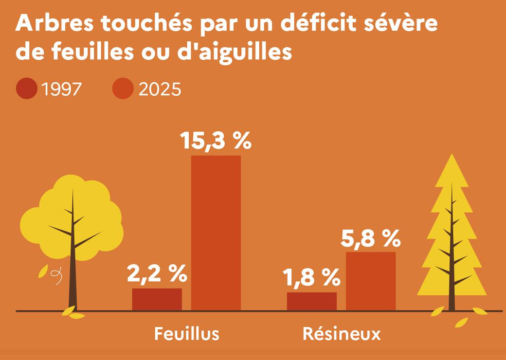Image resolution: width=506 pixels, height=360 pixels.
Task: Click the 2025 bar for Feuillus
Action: pyautogui.click(x=216, y=233)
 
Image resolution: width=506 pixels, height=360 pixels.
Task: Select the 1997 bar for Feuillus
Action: pyautogui.click(x=157, y=299)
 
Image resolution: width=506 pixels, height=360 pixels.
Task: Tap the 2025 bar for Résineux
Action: pyautogui.click(x=371, y=281)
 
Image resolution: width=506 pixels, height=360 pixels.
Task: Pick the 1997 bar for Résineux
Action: pyautogui.click(x=312, y=301)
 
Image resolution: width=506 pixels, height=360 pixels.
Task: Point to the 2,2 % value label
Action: pyautogui.click(x=157, y=273)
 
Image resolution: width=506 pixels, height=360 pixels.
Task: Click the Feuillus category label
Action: pyautogui.click(x=187, y=334)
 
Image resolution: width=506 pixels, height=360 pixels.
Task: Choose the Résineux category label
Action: pyautogui.click(x=342, y=334)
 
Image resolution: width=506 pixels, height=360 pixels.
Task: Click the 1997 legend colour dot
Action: pyautogui.click(x=27, y=89)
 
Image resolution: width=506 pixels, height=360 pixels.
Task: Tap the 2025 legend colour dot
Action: pyautogui.click(x=123, y=89)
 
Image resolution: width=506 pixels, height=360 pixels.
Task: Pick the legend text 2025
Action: pyautogui.click(x=160, y=89)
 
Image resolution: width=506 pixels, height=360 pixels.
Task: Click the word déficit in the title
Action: pyautogui.click(x=318, y=23)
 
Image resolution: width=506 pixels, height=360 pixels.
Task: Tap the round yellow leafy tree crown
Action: pyautogui.click(x=72, y=218)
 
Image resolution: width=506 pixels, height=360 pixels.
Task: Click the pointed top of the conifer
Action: pyautogui.click(x=452, y=155)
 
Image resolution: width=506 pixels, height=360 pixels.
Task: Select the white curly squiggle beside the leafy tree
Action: pyautogui.click(x=56, y=277)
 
